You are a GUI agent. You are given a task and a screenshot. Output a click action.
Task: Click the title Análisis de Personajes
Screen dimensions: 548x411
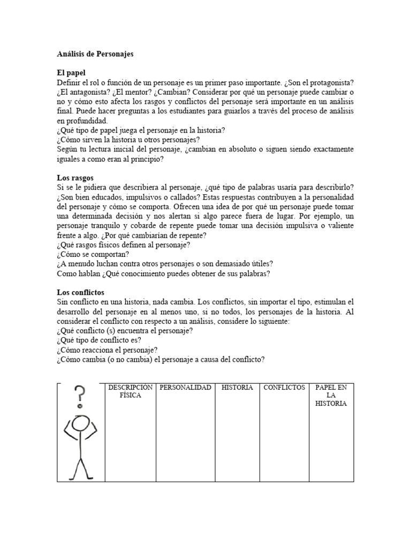click(x=95, y=54)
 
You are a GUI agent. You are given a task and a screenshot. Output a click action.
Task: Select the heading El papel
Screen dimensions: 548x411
click(x=71, y=72)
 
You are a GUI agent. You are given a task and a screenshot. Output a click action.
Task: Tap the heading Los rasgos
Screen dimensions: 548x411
click(x=75, y=177)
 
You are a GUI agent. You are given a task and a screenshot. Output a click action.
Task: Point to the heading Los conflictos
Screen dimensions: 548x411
click(x=81, y=292)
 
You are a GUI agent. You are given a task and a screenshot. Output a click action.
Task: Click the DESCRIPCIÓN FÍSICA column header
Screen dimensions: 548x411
click(x=130, y=391)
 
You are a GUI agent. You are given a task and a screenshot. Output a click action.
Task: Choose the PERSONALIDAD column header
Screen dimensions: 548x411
click(x=185, y=387)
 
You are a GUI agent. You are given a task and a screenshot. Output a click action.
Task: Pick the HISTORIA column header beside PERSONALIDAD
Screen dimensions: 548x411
click(x=237, y=387)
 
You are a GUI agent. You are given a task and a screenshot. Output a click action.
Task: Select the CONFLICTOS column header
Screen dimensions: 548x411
click(x=284, y=387)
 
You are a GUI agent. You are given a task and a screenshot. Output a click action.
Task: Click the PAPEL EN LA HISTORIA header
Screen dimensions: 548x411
click(x=331, y=395)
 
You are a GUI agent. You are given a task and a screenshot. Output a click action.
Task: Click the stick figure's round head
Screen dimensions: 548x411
click(x=81, y=423)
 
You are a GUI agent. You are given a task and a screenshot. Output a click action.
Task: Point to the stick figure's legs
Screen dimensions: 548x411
click(x=81, y=466)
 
